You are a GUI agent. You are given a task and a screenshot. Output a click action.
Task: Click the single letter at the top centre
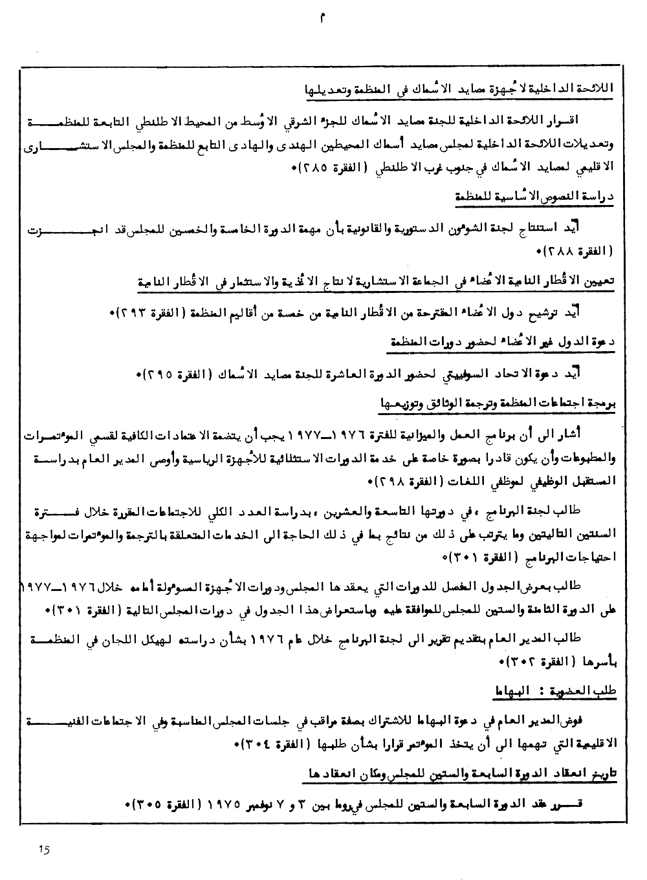click(322, 19)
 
